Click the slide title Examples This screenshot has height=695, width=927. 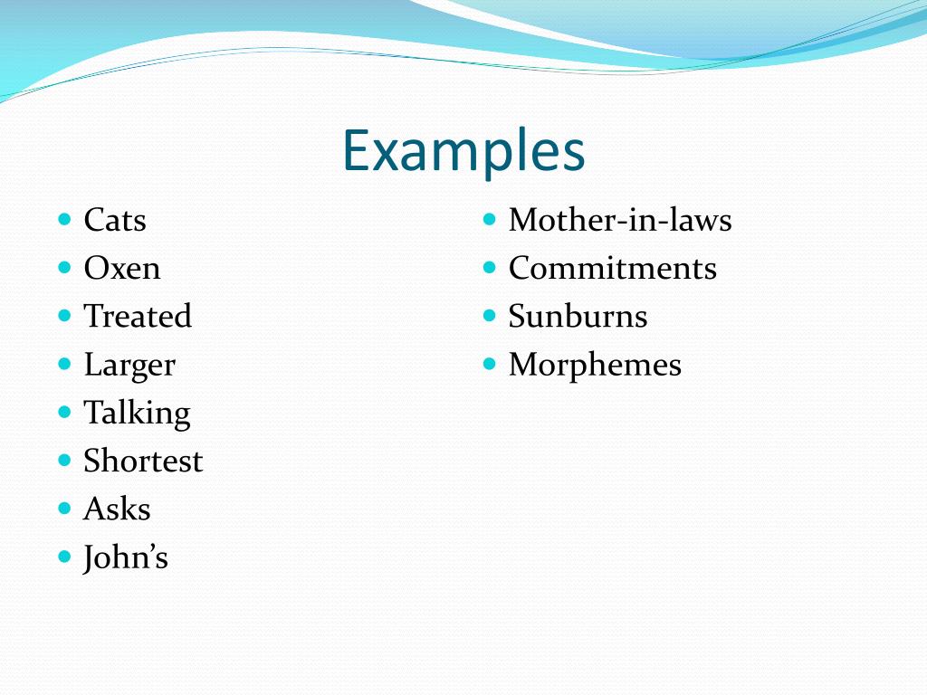[463, 151]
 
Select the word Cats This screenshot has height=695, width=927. [115, 220]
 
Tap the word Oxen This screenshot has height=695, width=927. [122, 268]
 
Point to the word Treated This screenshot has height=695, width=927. [138, 316]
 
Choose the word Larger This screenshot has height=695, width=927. [129, 365]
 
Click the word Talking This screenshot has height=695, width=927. [137, 413]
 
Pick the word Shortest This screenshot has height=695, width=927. [143, 461]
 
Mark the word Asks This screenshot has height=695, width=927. [117, 509]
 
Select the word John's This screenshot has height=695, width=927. [126, 557]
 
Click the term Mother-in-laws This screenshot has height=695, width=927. [620, 220]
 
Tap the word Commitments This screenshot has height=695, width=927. [612, 268]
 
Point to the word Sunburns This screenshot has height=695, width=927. [578, 316]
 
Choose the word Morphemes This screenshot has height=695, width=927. [595, 365]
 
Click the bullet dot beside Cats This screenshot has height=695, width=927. [64, 219]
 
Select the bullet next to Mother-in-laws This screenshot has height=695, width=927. [490, 219]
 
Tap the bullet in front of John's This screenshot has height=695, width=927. [64, 557]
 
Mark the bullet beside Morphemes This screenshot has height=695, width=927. [490, 364]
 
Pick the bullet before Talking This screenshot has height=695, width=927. [64, 412]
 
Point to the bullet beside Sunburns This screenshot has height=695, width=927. [490, 315]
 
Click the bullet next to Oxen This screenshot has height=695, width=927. [64, 267]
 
